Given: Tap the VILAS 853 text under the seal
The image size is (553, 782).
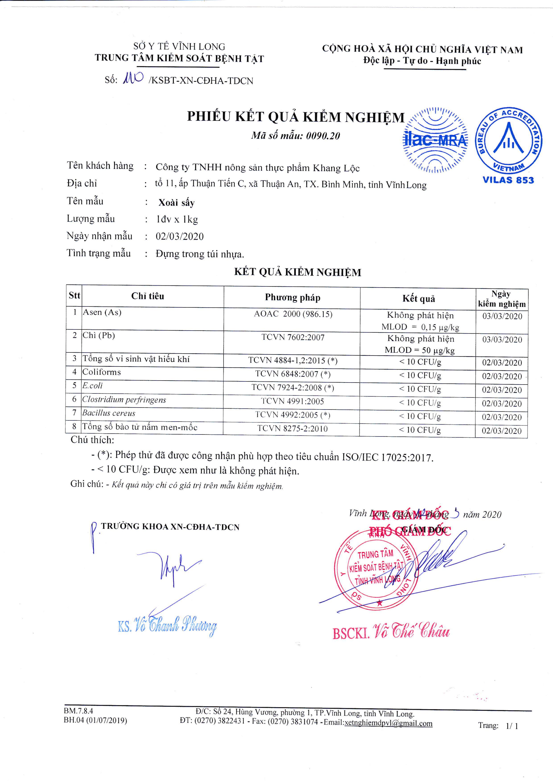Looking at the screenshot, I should click(508, 180).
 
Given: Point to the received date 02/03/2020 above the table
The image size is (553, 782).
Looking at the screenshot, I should click(180, 236).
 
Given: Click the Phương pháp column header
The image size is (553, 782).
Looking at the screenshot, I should click(292, 298).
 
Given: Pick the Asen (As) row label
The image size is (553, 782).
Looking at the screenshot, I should click(102, 312).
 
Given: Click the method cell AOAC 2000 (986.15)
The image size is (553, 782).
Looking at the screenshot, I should click(293, 314).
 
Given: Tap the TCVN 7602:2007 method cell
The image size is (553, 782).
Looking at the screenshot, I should click(293, 337).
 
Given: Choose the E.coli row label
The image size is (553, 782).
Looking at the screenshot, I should click(92, 386).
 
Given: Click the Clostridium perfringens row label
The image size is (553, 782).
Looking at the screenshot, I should click(124, 399).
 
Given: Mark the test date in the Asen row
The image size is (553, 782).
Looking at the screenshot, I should click(502, 316).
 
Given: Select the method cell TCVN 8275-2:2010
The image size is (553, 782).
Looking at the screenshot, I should click(292, 428).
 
